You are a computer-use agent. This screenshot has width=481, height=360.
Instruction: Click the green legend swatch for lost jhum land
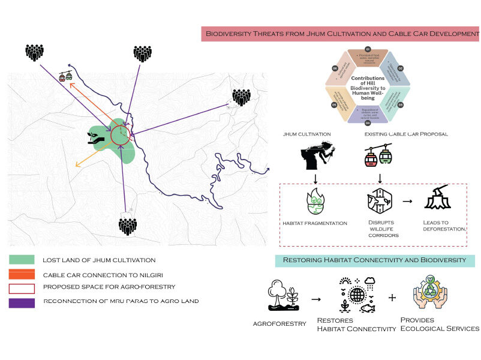[x=22, y=260]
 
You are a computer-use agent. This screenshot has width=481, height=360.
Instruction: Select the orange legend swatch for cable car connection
[x=22, y=274]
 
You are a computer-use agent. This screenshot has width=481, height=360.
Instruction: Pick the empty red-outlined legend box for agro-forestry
[x=22, y=288]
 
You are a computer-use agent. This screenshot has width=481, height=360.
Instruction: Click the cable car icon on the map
[x=65, y=76]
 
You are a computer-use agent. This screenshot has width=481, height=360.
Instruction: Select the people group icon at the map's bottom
[x=127, y=226]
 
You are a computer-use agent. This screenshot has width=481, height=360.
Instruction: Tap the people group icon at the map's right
[x=241, y=97]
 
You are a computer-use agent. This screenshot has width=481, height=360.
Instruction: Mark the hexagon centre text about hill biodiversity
[x=368, y=88]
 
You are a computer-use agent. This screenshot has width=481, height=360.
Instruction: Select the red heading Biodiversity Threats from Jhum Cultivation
[x=340, y=34]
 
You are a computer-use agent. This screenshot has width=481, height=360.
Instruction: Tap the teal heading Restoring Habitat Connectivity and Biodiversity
[x=375, y=260]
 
